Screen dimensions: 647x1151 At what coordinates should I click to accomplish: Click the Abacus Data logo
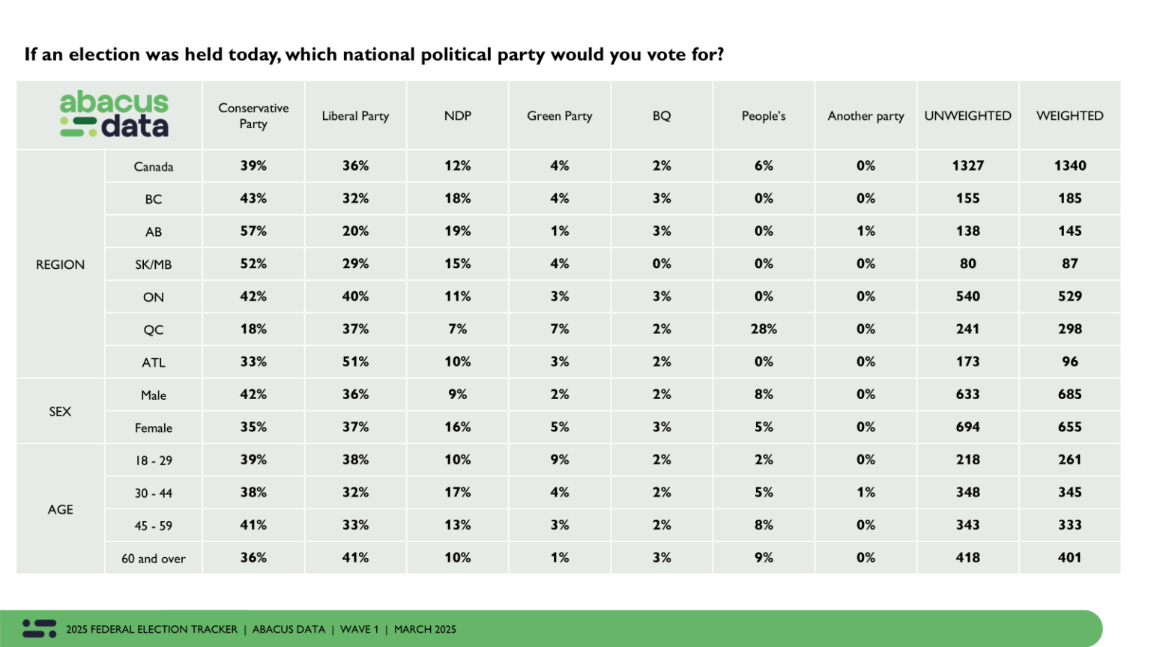(114, 115)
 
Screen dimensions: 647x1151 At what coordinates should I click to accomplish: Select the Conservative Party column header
(253, 116)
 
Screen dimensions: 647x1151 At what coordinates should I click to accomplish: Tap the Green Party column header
(559, 116)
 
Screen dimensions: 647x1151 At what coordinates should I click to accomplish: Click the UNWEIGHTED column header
(967, 116)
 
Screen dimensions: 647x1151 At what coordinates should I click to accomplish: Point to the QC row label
(153, 329)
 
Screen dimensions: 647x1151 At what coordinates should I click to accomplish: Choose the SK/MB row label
(153, 264)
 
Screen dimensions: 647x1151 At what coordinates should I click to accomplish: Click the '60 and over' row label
(153, 559)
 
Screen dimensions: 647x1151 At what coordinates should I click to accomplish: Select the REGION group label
(60, 264)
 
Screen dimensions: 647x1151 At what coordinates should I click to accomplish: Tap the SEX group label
(60, 411)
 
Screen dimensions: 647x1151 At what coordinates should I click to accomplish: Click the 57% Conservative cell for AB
(253, 231)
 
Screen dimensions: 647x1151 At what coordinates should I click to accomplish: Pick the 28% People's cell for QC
(764, 329)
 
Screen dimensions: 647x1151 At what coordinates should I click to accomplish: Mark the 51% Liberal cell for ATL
(355, 362)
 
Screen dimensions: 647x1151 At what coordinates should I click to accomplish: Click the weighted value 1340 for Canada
(1069, 166)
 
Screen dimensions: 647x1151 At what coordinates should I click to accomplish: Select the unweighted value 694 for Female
(967, 427)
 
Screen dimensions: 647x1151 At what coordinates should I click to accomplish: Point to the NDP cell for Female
(457, 427)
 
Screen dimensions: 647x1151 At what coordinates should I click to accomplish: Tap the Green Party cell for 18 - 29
(559, 460)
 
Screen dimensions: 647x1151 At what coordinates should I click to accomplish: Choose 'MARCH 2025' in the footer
(425, 630)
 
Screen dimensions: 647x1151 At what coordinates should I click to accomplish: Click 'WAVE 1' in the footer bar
(359, 630)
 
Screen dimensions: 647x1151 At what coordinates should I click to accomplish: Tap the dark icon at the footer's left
(39, 628)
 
